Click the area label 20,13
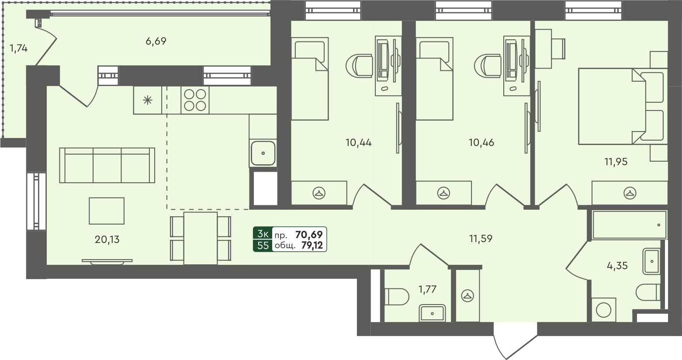point(107,239)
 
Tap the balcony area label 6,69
point(156,42)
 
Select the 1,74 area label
point(18,48)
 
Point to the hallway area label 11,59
point(481,239)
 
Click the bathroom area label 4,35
point(617,265)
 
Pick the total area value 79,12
point(312,246)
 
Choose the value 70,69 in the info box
point(309,235)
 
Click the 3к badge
point(263,234)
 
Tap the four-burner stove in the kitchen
point(195,100)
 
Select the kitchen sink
point(263,153)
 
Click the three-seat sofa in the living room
point(107,165)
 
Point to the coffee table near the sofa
point(107,211)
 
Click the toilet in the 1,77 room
point(396,297)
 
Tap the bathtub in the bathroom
point(629,225)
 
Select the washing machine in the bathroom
point(604,310)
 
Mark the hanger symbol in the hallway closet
point(467,296)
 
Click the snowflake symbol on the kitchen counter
point(148,100)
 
